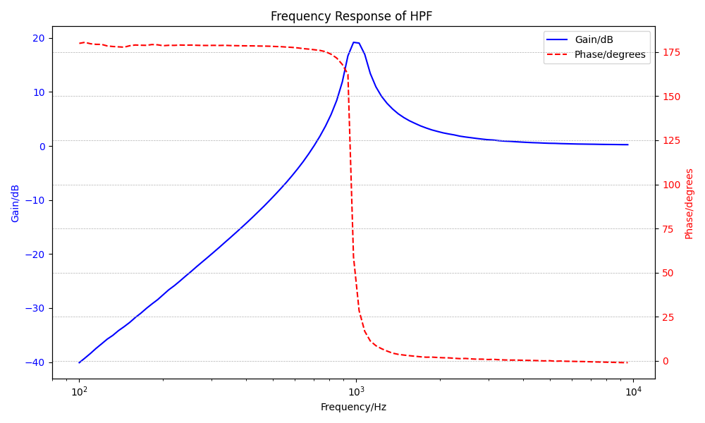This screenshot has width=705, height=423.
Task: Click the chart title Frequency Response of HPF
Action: click(x=351, y=16)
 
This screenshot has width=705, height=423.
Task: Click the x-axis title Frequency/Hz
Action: click(x=353, y=407)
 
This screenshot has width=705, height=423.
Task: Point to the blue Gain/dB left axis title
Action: click(x=16, y=203)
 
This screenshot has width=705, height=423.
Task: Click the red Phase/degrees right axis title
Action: click(x=689, y=203)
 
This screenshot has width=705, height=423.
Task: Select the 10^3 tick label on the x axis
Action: click(x=356, y=391)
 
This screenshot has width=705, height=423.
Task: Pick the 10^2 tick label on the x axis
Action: click(x=79, y=391)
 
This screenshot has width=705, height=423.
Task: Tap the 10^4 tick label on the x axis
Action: click(x=633, y=391)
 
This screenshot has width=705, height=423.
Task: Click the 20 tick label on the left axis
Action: click(x=37, y=38)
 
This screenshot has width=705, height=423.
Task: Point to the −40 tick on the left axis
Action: click(x=34, y=362)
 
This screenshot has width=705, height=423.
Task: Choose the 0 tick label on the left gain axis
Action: click(x=42, y=147)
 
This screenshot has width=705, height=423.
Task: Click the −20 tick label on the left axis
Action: click(x=34, y=255)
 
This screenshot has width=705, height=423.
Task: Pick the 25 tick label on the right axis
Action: click(x=667, y=317)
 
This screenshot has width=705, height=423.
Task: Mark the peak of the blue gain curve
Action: click(x=355, y=42)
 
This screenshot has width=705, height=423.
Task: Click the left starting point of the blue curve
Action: click(x=79, y=362)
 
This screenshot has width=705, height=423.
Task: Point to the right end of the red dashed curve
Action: click(x=627, y=362)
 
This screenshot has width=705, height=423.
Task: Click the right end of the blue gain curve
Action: click(x=627, y=145)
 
